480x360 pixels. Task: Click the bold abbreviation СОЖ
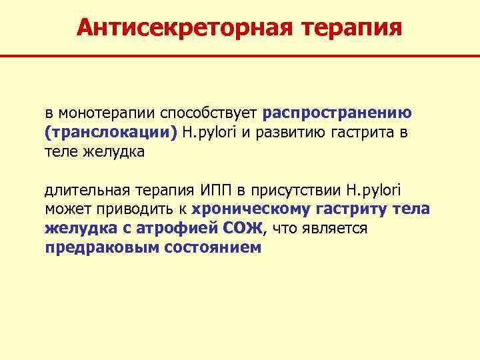click(247, 229)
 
